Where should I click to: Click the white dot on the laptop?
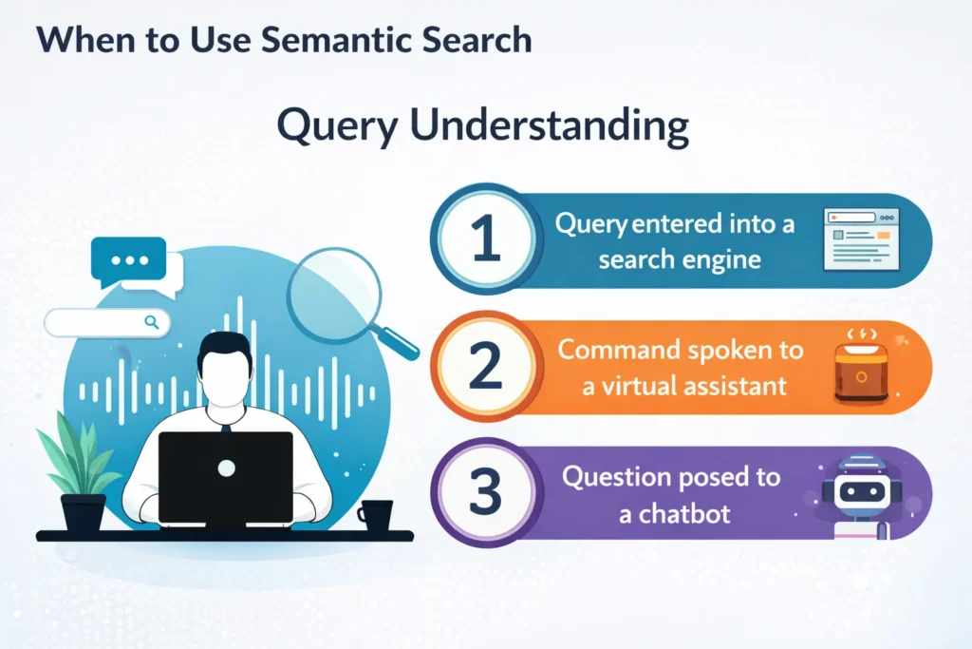[226, 468]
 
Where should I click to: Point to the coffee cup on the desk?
[375, 514]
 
